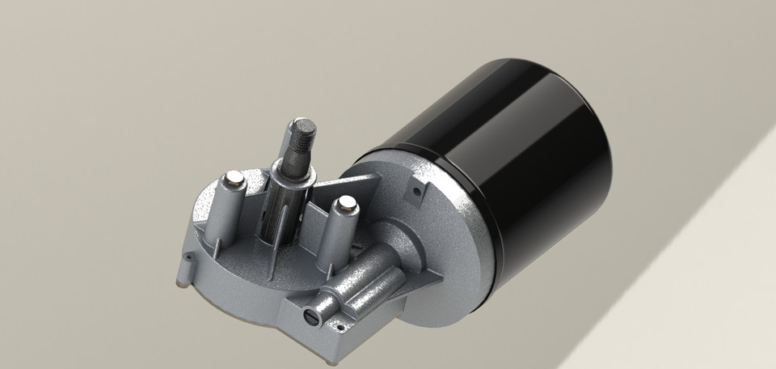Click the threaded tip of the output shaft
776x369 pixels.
[x=302, y=130]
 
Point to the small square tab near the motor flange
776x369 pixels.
[x=416, y=191]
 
